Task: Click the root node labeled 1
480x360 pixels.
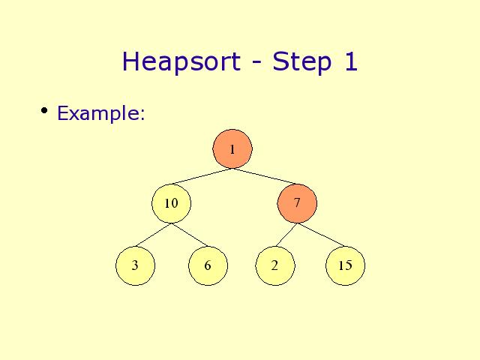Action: click(232, 148)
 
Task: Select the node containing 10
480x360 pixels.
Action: click(172, 203)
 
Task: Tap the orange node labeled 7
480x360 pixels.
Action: click(297, 203)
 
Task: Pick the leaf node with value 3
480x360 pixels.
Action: click(135, 265)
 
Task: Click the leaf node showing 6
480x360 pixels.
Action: click(208, 265)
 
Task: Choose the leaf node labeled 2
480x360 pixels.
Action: click(275, 265)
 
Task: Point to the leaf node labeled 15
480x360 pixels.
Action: click(345, 265)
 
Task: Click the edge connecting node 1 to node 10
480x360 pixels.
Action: click(200, 177)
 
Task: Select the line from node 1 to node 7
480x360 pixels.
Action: click(265, 176)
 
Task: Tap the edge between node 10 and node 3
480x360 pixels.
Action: click(153, 235)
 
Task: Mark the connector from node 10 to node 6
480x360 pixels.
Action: click(190, 235)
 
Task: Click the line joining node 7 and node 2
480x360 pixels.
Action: click(286, 235)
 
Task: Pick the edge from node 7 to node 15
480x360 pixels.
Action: click(321, 235)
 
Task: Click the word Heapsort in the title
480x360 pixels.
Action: click(181, 61)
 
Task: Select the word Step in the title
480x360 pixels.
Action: click(301, 61)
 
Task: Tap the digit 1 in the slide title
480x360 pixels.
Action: click(351, 61)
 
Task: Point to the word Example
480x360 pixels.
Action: click(98, 113)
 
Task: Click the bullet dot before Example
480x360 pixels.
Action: click(44, 110)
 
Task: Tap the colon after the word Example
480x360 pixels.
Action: click(142, 115)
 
